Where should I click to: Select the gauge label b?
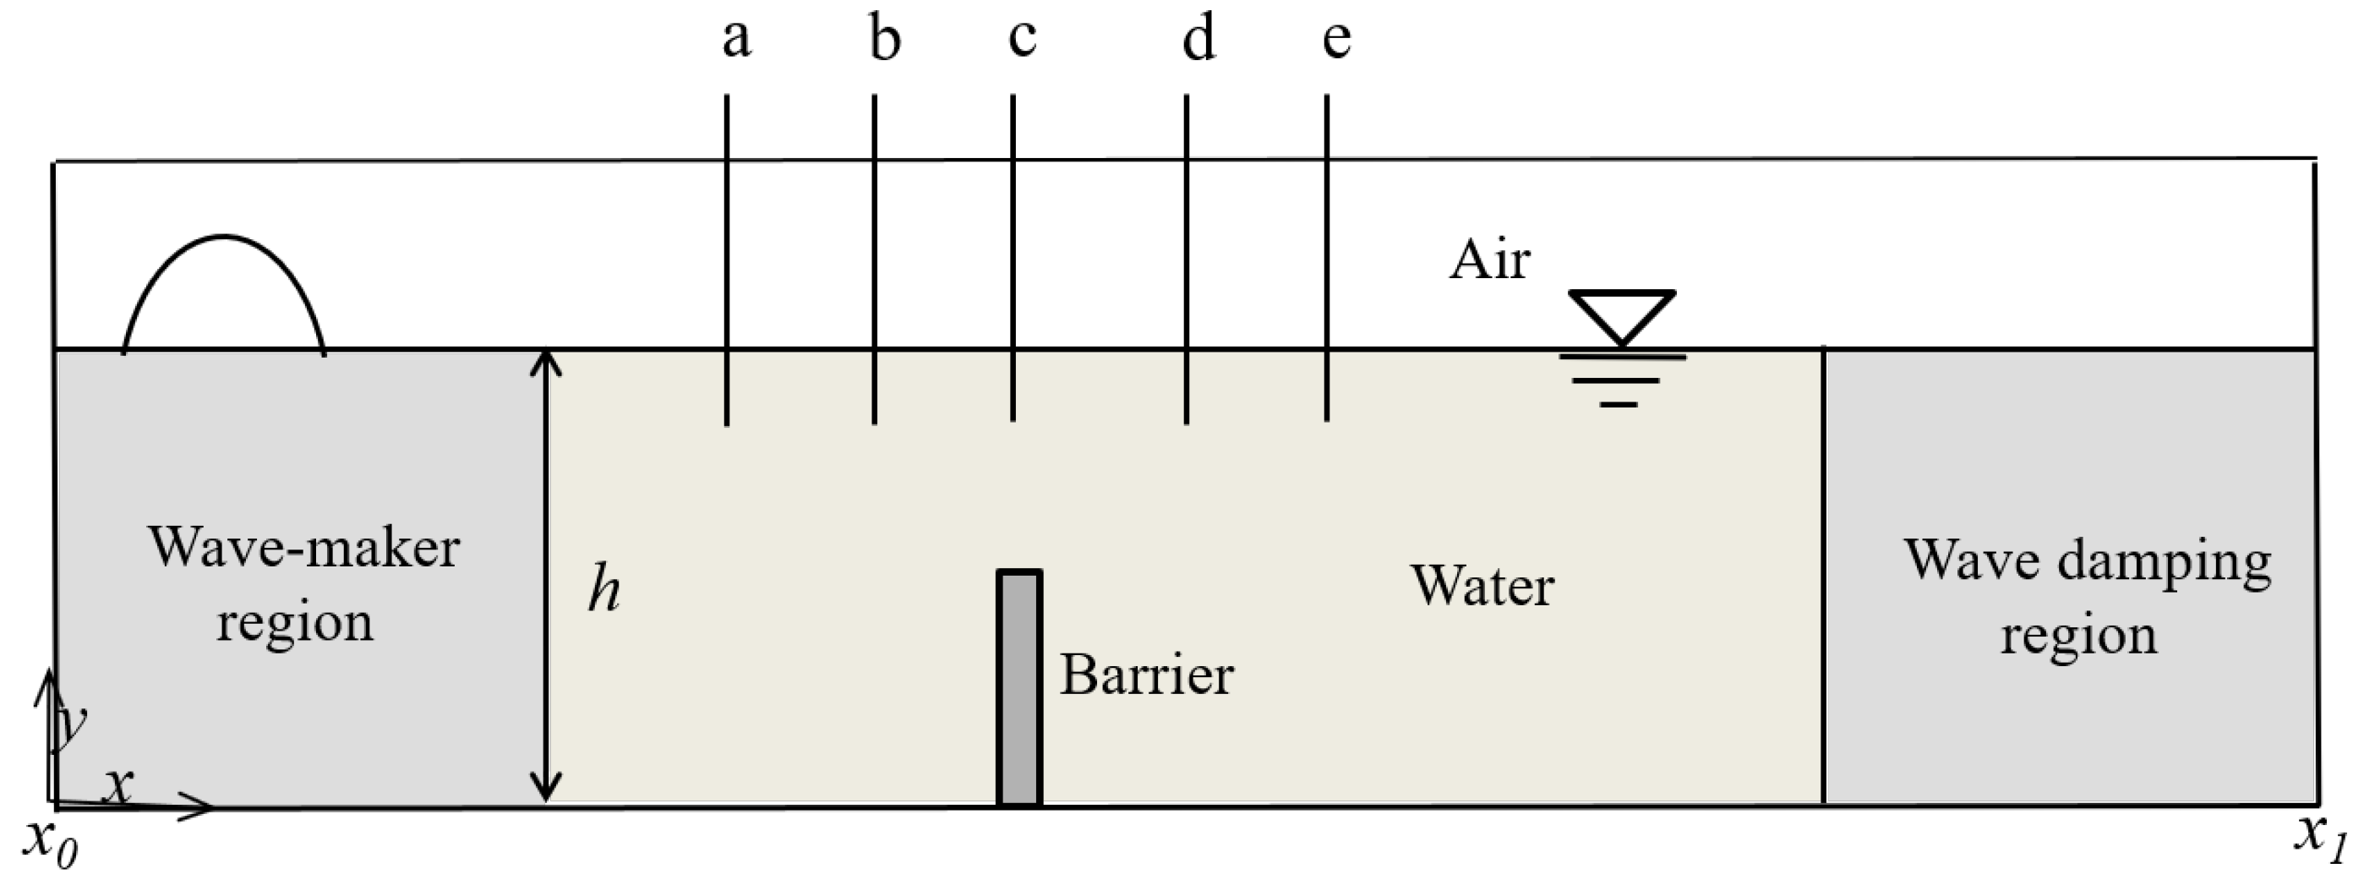(x=885, y=41)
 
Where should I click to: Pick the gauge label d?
(x=1198, y=41)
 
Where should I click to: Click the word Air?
(x=1488, y=260)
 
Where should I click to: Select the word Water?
(x=1482, y=586)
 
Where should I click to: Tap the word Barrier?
(x=1146, y=675)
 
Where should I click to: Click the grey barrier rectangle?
(x=1019, y=688)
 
